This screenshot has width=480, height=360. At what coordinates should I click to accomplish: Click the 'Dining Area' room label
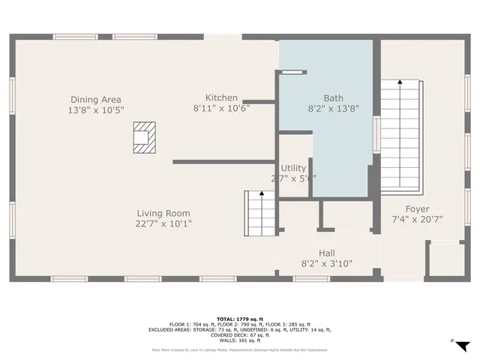[95, 100]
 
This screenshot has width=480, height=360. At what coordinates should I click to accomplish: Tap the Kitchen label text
[221, 97]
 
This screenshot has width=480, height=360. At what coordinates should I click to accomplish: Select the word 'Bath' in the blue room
[334, 97]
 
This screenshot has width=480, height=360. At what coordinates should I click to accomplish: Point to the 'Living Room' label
[163, 212]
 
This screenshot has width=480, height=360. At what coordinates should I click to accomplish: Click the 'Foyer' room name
[418, 208]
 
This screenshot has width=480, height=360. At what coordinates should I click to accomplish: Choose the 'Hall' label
[326, 253]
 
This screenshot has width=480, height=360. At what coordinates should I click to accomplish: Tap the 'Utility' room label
[293, 168]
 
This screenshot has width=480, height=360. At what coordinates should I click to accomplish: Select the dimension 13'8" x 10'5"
[95, 110]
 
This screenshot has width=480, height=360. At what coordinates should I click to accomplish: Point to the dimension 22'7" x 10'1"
[163, 223]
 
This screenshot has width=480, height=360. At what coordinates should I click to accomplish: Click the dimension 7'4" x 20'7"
[418, 219]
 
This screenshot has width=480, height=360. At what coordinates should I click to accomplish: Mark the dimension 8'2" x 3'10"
[326, 264]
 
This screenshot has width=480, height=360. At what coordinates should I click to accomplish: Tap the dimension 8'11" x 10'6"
[221, 108]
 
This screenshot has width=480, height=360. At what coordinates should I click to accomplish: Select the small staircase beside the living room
[260, 211]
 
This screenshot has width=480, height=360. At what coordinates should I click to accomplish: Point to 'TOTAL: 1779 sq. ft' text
[239, 318]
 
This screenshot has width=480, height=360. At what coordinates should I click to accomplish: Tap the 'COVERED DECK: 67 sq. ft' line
[239, 336]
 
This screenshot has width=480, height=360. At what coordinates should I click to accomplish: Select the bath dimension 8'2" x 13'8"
[334, 108]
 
